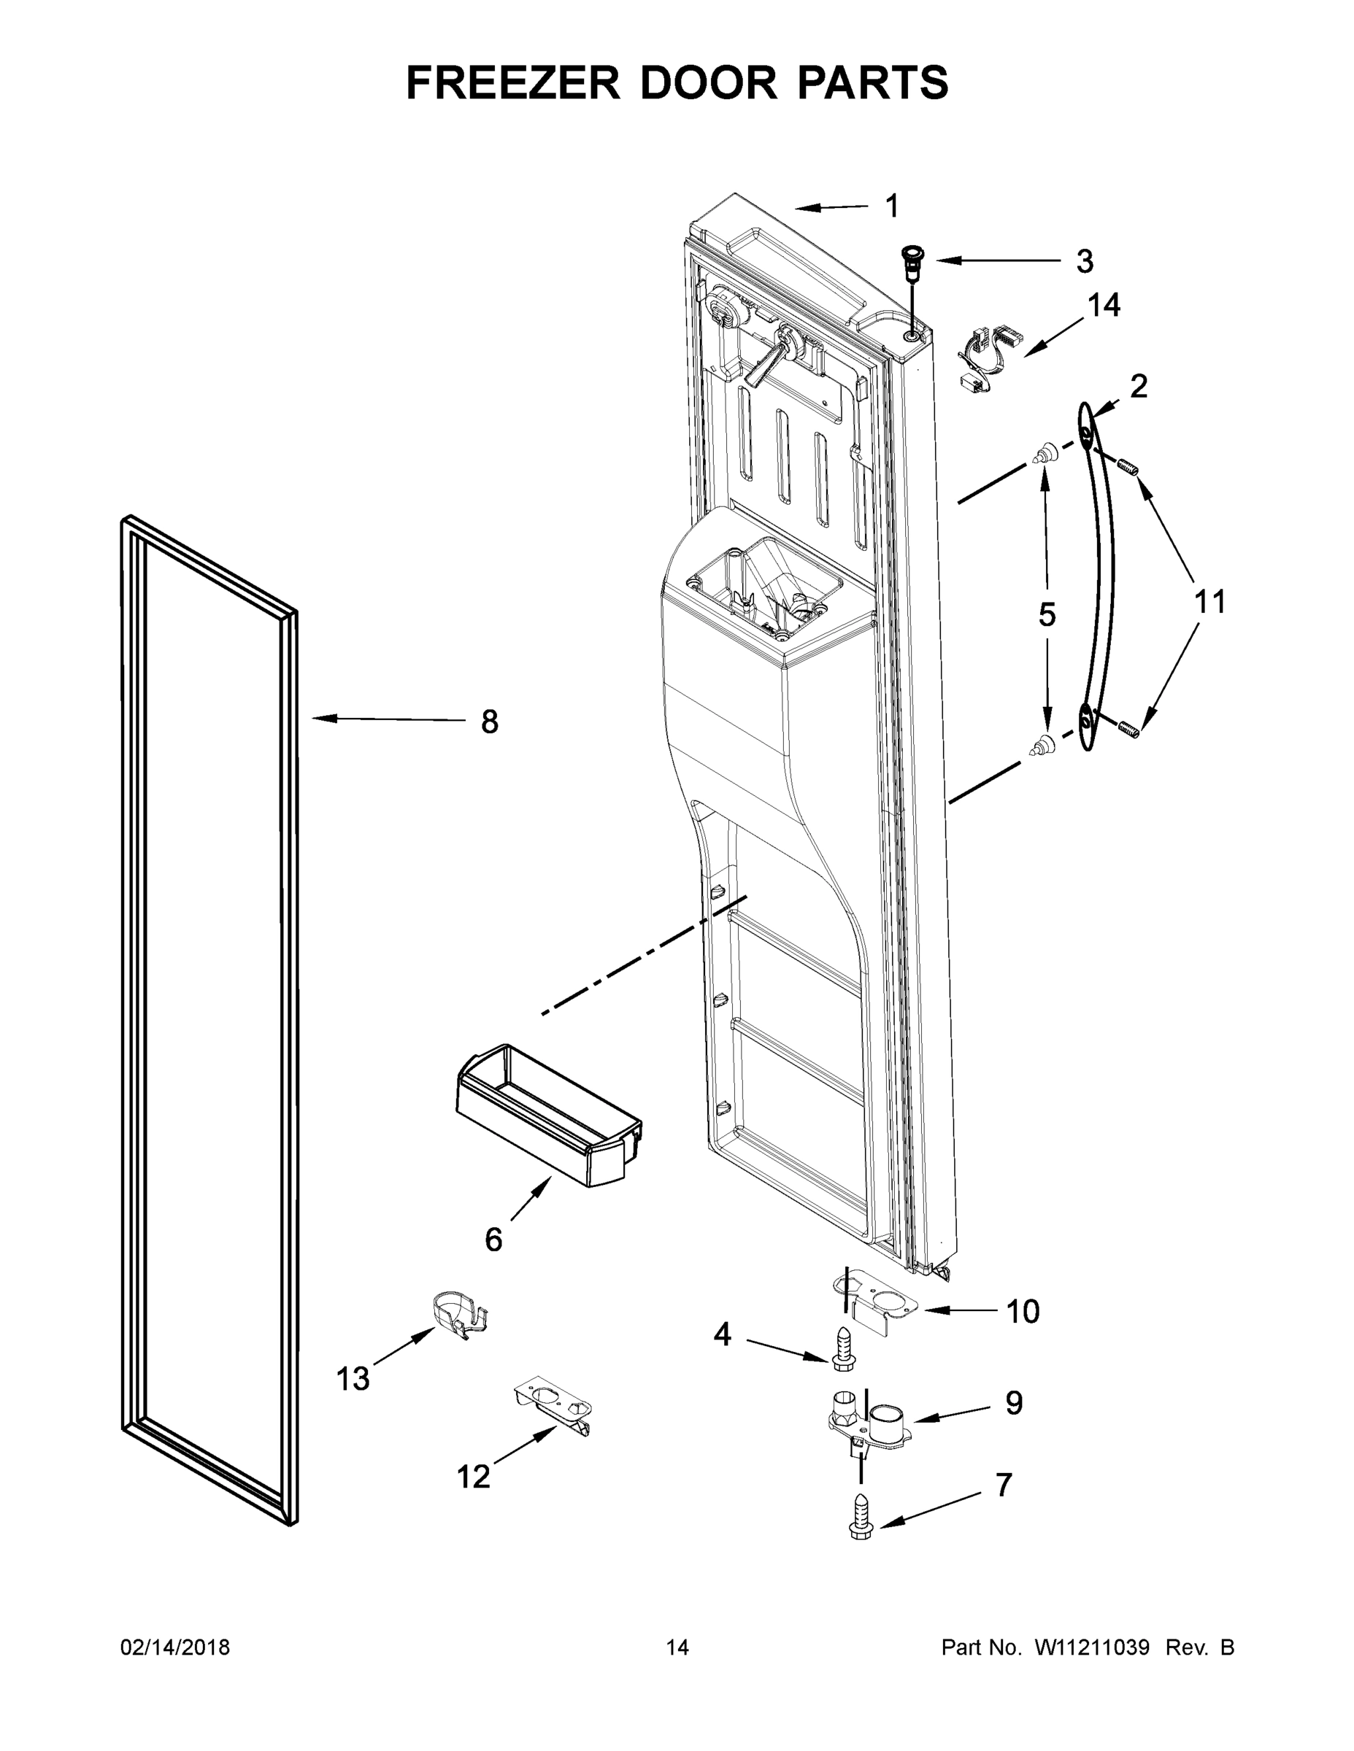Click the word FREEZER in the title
coord(512,82)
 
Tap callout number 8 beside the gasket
coord(489,722)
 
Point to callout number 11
coord(1209,601)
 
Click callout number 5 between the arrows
coord(1047,615)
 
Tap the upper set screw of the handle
coord(1128,464)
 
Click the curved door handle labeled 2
coord(1097,577)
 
